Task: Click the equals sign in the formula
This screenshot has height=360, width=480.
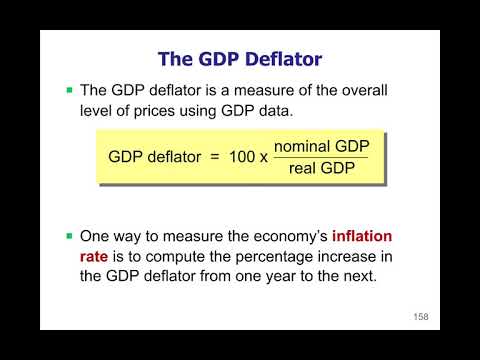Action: (x=213, y=158)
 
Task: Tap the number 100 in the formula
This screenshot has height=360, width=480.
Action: (x=244, y=158)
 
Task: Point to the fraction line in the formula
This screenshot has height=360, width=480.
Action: (x=320, y=158)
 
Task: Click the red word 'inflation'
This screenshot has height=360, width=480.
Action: (x=355, y=236)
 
